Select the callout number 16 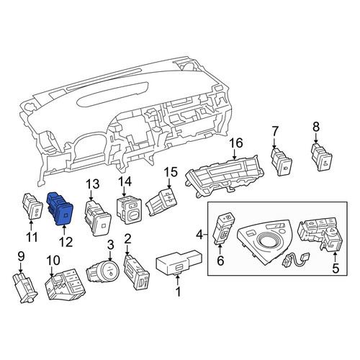[236, 143]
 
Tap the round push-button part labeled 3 [102, 272]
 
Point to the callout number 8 [316, 127]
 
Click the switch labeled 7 [281, 161]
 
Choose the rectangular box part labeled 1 [179, 262]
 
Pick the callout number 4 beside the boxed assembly [199, 235]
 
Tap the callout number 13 [93, 184]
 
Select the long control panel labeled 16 [225, 176]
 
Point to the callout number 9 [21, 256]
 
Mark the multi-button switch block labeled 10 [65, 284]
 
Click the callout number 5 [336, 268]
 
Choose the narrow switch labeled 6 [223, 228]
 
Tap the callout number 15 [171, 172]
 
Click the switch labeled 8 [322, 157]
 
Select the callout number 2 [128, 239]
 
